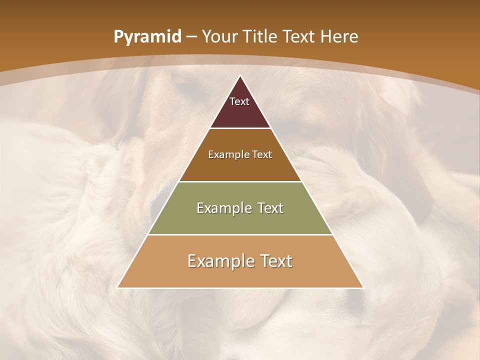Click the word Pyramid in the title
147,37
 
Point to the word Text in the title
300,36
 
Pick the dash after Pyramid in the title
190,37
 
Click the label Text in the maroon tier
239,101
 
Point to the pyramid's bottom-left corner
118,287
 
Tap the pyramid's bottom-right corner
362,287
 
